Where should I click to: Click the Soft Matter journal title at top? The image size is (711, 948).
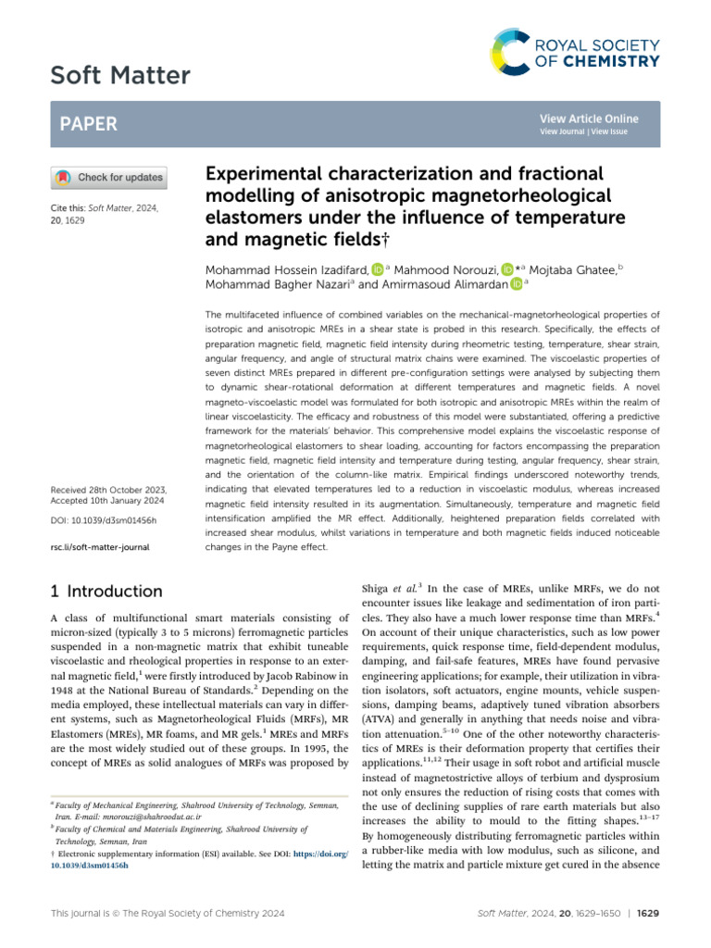coord(120,76)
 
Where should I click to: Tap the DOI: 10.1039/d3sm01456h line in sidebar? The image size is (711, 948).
coord(102,521)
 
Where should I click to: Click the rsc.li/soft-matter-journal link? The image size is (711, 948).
coord(97,547)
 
